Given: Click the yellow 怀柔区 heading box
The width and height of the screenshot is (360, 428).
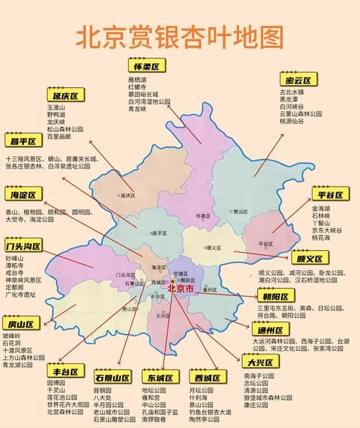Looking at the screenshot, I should [148, 66].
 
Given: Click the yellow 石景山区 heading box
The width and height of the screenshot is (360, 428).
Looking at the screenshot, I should [112, 378].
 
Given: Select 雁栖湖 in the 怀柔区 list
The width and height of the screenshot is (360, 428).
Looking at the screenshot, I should [137, 79].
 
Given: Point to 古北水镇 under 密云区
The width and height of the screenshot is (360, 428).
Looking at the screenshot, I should [292, 92].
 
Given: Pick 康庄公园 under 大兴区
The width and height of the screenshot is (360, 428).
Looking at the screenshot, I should [258, 404].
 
